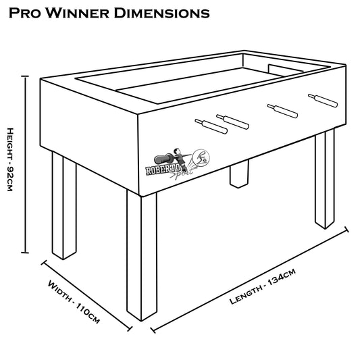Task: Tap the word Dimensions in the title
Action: coord(161,13)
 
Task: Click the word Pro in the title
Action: coord(25,13)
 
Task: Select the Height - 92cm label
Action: coord(10,159)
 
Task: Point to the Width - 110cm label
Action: coord(74,301)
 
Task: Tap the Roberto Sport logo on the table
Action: coord(178,163)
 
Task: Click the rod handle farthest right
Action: coord(323,101)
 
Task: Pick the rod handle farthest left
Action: coord(211,126)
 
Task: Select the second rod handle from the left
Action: coord(232,122)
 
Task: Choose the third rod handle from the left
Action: coord(282,111)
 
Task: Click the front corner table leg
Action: coord(142,256)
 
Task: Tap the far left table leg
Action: coord(64,205)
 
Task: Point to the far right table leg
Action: coord(325,179)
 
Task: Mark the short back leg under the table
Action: coord(239,174)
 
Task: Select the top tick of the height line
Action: coord(25,76)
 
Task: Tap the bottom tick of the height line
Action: coord(25,253)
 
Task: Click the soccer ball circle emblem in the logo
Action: coord(201,157)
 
